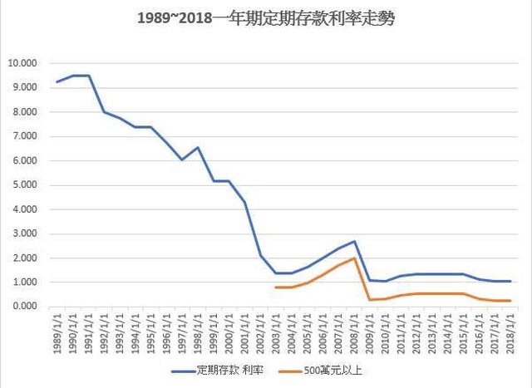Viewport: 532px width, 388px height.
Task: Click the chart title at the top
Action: [265, 18]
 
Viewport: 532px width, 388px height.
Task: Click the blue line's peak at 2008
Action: [354, 242]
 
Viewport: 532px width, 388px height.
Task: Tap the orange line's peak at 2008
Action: [354, 258]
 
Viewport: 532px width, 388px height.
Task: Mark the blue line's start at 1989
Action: [57, 81]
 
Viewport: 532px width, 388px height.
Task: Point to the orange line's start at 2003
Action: [276, 287]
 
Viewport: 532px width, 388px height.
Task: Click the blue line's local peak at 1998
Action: [198, 148]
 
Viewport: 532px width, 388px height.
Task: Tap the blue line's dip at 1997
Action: [182, 160]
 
